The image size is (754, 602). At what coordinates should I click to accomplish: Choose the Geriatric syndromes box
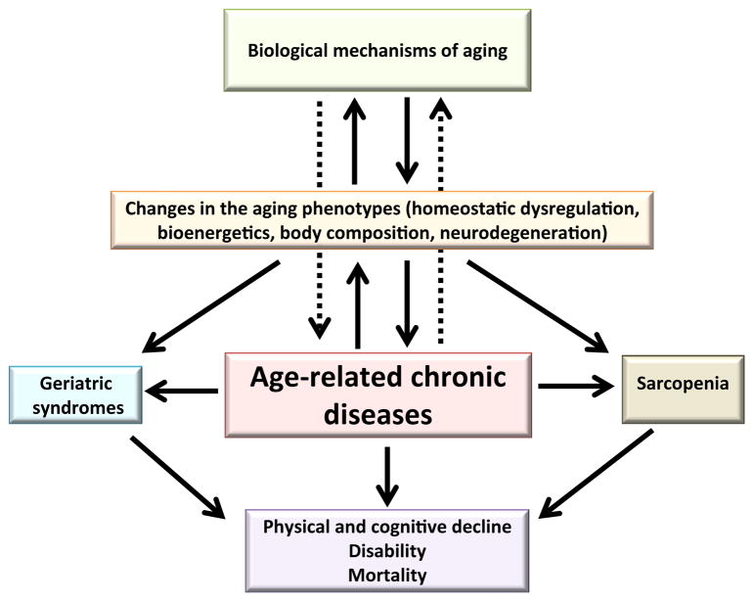[74, 395]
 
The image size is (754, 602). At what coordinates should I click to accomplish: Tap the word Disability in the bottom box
[390, 551]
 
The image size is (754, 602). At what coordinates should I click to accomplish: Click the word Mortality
[390, 575]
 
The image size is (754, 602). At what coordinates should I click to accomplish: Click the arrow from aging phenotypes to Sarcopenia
[537, 305]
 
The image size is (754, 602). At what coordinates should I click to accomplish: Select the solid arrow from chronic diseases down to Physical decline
[389, 472]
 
